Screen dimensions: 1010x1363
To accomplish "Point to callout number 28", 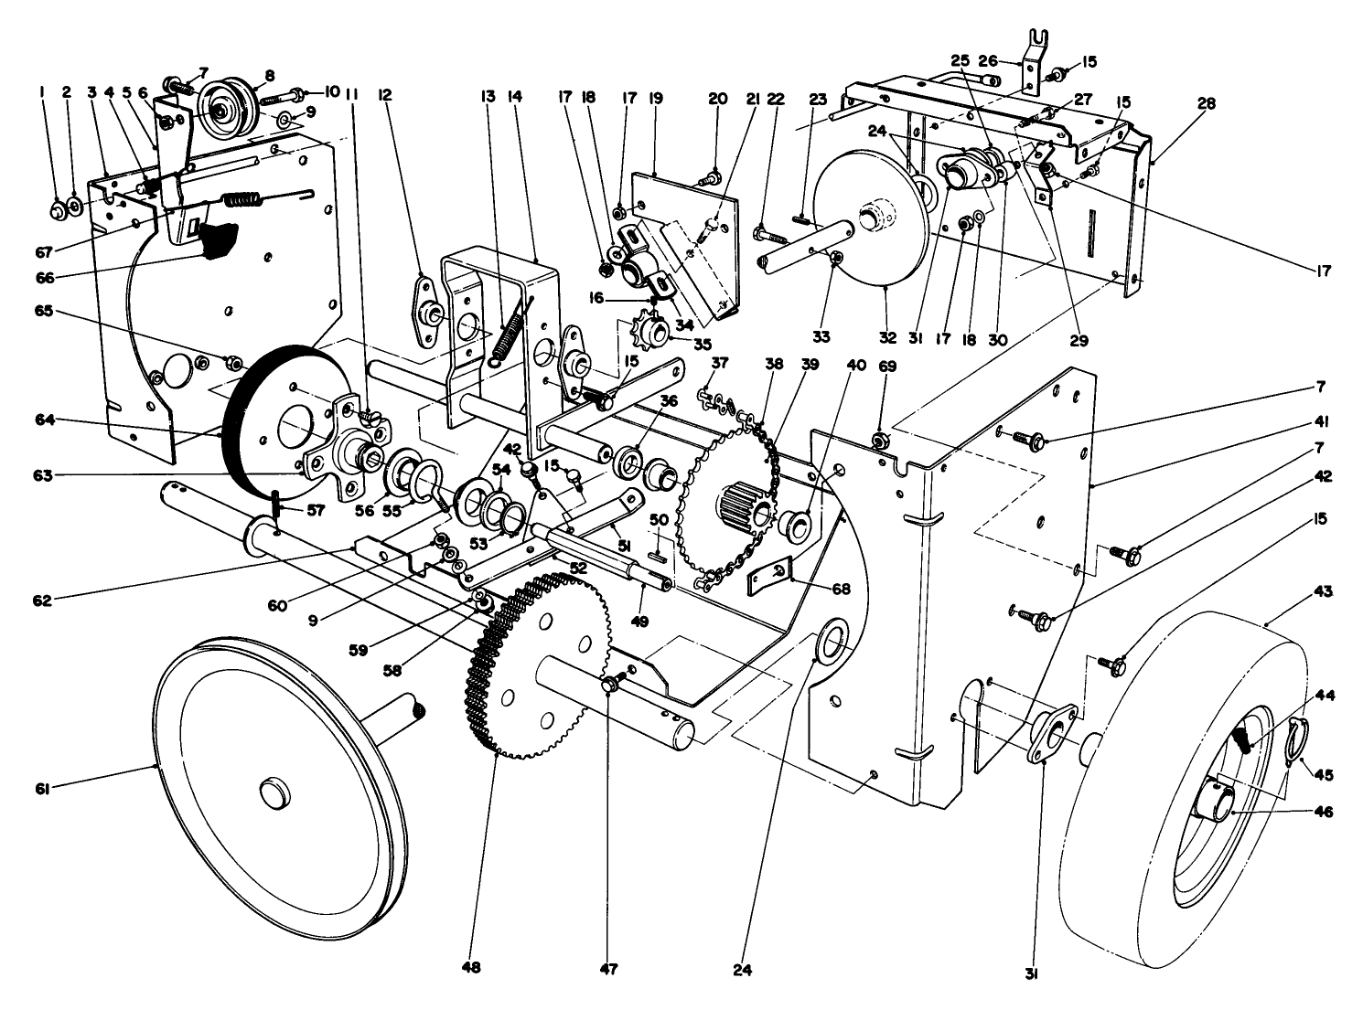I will [x=1206, y=104].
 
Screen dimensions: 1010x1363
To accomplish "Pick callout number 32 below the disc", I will [x=887, y=337].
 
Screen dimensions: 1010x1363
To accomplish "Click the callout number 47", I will [x=609, y=966].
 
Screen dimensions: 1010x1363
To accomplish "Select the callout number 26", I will [x=987, y=60].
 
